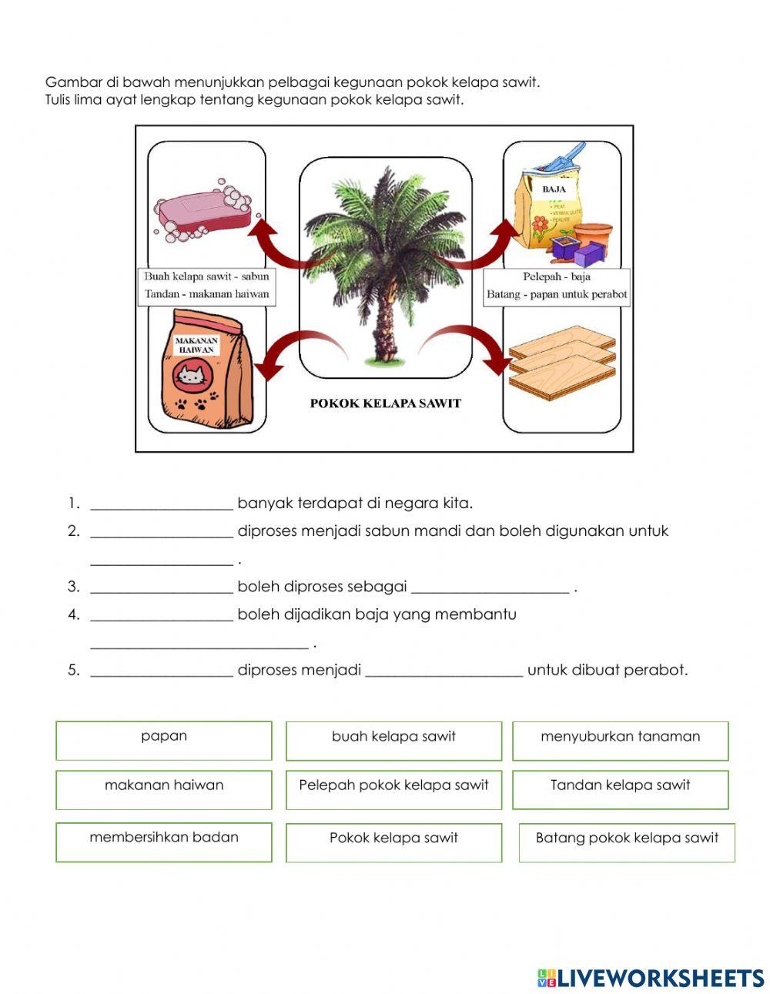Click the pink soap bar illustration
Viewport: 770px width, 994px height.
tap(203, 209)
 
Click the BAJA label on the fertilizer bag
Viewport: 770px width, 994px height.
tap(554, 189)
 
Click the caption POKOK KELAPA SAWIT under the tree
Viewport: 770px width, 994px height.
tap(385, 403)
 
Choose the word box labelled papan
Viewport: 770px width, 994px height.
tap(164, 740)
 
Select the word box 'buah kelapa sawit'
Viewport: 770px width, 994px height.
tap(393, 741)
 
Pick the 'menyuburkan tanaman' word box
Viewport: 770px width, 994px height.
tap(620, 741)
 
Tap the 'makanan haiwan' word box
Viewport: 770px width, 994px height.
tap(164, 789)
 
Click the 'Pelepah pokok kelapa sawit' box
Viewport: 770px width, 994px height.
tap(393, 789)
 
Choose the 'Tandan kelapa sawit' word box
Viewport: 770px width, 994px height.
tap(620, 789)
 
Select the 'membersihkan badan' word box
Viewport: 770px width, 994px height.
tap(164, 842)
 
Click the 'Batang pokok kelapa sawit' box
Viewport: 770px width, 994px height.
tap(627, 842)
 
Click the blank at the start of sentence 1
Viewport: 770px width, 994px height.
tap(162, 504)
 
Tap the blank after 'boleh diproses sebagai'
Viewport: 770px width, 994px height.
tap(490, 587)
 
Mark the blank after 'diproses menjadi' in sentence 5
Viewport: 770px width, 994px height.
tap(444, 671)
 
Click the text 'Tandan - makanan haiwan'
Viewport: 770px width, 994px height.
tap(206, 294)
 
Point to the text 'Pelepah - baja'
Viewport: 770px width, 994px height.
tap(557, 276)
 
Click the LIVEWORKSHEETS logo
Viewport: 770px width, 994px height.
tap(650, 978)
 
